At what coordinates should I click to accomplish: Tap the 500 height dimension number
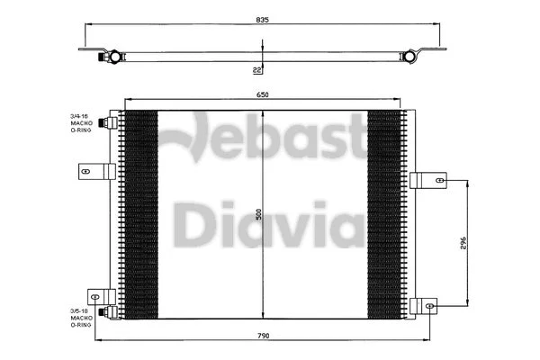coord(259,215)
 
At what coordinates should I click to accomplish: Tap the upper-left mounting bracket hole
coord(86,169)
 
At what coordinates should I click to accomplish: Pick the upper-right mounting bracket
coord(428,180)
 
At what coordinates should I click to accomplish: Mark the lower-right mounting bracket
coord(428,305)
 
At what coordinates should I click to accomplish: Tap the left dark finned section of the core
coord(139,214)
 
